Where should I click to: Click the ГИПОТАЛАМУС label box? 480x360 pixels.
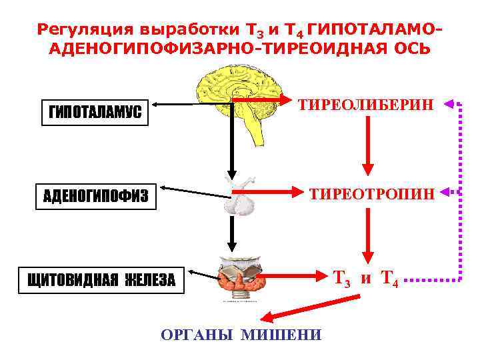(95, 113)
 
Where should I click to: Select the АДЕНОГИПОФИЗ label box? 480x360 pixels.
(95, 197)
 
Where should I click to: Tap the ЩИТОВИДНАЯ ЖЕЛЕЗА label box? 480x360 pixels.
(101, 280)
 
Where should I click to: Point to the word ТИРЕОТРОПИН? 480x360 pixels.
(372, 194)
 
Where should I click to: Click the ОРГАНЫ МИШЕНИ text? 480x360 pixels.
(241, 335)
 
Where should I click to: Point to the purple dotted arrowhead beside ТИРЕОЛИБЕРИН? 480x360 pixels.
(448, 103)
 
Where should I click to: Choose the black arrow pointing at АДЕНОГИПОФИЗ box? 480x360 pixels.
(193, 192)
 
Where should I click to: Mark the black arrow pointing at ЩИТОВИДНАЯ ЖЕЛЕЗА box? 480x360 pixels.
(203, 274)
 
